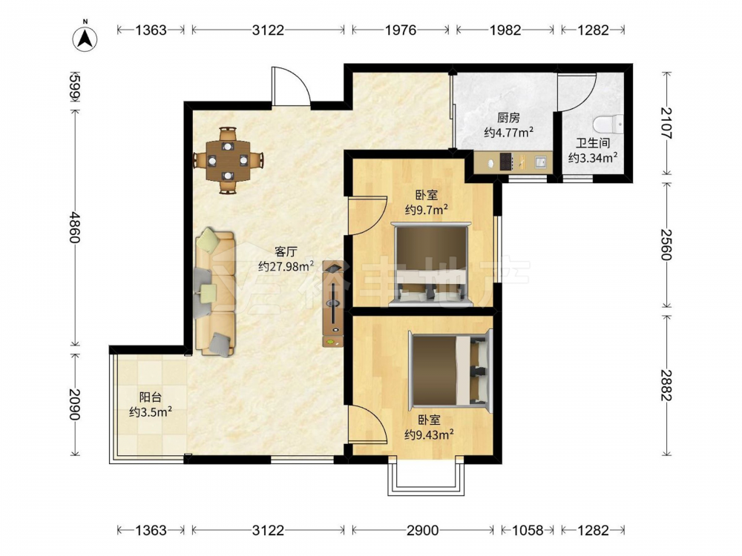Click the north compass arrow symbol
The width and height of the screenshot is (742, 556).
85,39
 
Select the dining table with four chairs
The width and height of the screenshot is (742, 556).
228,160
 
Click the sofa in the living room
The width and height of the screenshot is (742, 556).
215,292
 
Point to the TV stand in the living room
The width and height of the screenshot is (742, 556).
333,303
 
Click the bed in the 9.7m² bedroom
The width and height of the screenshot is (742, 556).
430,264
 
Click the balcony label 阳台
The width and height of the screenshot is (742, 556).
151,397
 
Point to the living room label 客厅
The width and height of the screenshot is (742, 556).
286,251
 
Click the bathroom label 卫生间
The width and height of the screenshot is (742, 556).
592,143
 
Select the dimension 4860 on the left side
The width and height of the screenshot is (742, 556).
75,228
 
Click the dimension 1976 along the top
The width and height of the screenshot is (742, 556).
401,30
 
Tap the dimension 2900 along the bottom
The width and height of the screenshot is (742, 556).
423,530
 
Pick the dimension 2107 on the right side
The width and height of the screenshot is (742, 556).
666,123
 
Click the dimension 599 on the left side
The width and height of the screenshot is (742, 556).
75,86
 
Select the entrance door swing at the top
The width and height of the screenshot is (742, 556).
291,86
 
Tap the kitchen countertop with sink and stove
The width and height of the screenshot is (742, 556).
513,162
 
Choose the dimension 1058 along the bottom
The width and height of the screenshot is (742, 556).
528,530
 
